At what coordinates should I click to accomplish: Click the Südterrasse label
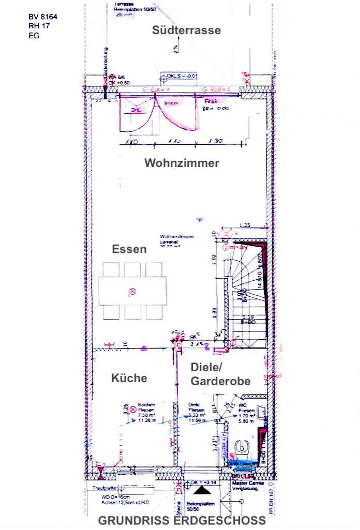click(x=186, y=31)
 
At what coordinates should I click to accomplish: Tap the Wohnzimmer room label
click(x=182, y=163)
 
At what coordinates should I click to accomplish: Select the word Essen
click(x=129, y=249)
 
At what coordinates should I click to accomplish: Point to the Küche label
click(x=129, y=378)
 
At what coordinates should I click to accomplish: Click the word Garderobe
click(x=221, y=382)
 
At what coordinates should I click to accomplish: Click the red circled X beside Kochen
click(x=132, y=408)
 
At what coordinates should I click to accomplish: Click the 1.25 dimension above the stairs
click(x=246, y=225)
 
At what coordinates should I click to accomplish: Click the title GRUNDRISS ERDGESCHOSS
click(x=182, y=520)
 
